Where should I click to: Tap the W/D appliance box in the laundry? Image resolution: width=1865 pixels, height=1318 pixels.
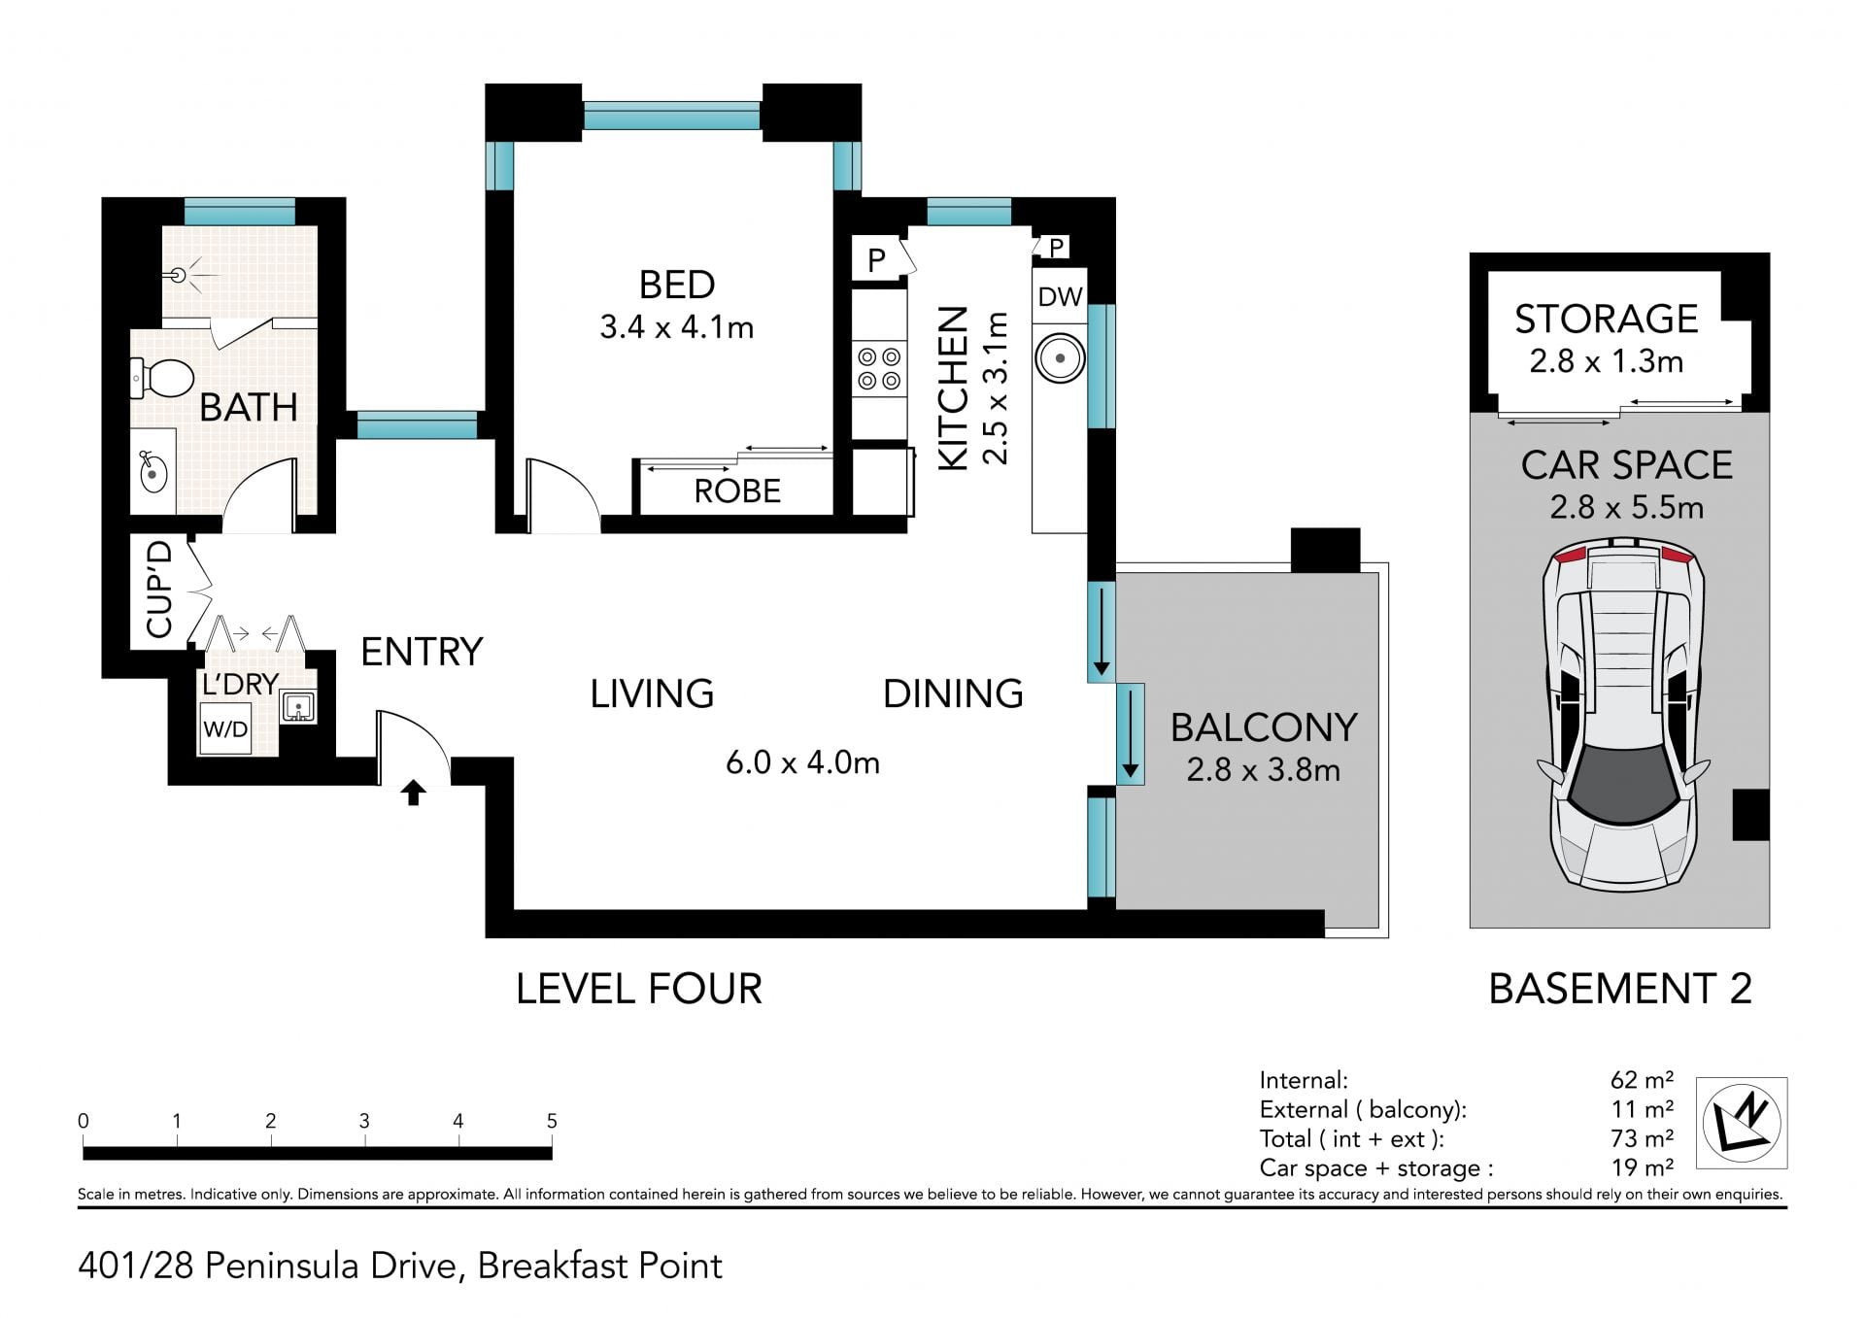(x=225, y=729)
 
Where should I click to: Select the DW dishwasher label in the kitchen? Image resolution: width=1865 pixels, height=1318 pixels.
(x=1060, y=296)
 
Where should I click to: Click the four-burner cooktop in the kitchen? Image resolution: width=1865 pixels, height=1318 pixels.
(x=879, y=369)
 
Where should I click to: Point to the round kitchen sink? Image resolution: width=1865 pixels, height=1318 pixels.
(x=1060, y=358)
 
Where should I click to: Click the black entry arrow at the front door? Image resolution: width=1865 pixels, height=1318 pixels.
(x=414, y=793)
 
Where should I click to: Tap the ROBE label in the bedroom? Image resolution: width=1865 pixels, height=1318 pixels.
(x=737, y=491)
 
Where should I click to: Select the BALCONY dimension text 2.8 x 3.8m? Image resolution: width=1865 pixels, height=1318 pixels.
(x=1263, y=770)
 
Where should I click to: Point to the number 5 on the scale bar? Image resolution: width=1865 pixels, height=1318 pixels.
(x=552, y=1121)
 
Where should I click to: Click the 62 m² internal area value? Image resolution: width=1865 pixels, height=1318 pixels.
(x=1642, y=1080)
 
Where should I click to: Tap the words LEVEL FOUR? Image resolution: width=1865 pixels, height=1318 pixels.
(x=639, y=989)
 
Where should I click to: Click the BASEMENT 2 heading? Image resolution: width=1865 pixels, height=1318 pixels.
(x=1620, y=989)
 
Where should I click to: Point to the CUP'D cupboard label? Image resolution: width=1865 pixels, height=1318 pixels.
(x=159, y=590)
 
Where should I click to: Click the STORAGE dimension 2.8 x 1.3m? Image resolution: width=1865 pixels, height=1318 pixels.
(x=1607, y=361)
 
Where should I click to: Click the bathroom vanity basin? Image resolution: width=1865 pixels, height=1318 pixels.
(x=153, y=473)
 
